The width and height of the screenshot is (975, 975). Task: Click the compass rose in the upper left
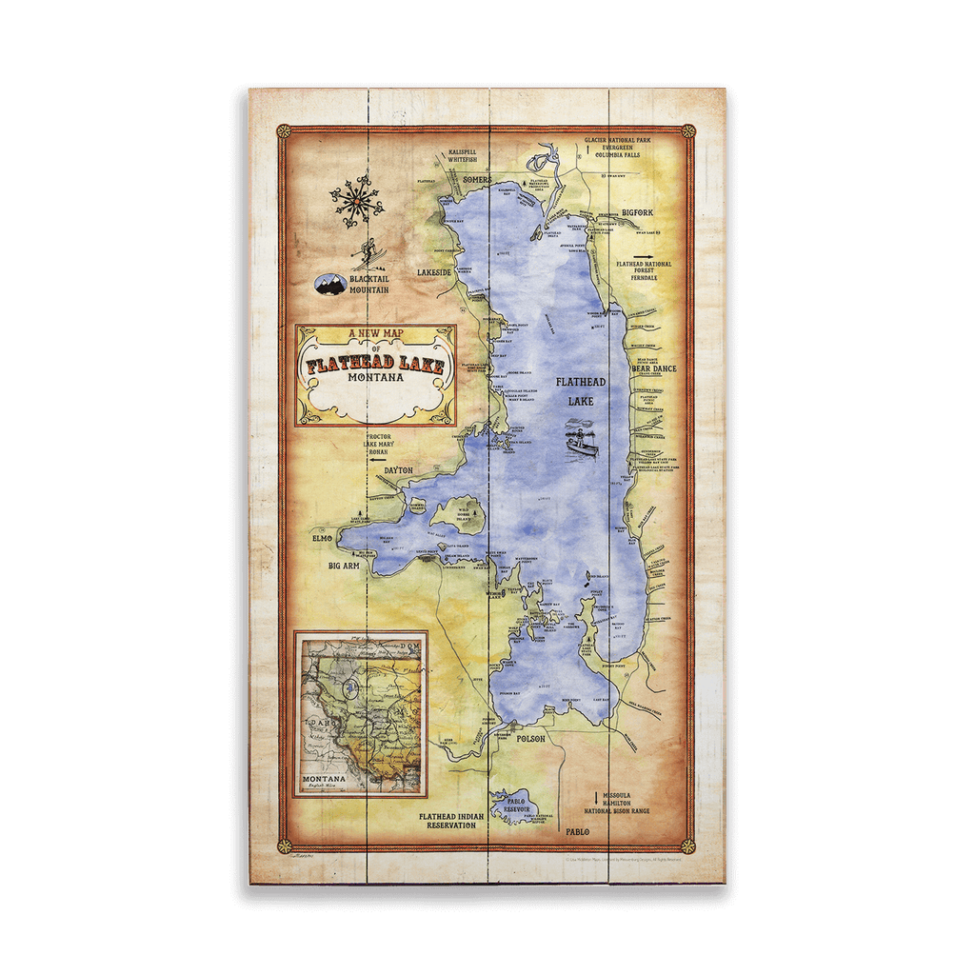click(x=356, y=201)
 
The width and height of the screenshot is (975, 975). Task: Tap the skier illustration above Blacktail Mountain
click(x=367, y=254)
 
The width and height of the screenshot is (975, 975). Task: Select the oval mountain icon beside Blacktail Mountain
click(x=331, y=283)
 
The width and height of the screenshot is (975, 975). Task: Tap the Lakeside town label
click(x=433, y=272)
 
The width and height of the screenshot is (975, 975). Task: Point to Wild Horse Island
click(x=459, y=514)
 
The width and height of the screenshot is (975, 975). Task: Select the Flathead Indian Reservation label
click(x=452, y=820)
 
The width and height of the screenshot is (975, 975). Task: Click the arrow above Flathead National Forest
click(x=644, y=256)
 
